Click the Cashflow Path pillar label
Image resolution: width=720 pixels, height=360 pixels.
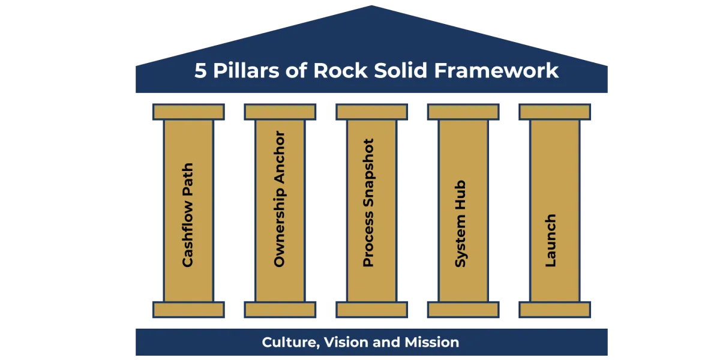[x=188, y=214]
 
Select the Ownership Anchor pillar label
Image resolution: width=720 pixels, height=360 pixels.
[x=279, y=199]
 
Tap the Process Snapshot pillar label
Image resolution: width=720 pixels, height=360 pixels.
[x=369, y=203]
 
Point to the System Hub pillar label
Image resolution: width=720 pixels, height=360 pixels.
[x=461, y=224]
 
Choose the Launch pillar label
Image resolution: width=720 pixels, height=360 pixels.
[x=551, y=240]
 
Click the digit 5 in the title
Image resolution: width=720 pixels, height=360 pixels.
[x=200, y=71]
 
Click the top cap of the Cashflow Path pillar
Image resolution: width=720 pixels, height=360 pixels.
[x=188, y=112]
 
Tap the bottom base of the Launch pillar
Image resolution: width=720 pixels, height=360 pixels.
[x=554, y=310]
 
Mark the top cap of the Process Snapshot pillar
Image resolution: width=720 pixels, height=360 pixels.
[x=372, y=112]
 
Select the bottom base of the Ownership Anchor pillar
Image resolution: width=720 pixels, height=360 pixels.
[x=280, y=310]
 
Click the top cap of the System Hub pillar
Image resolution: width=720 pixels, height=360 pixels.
[x=463, y=112]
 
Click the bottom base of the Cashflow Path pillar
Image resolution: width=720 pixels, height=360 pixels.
[x=188, y=310]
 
